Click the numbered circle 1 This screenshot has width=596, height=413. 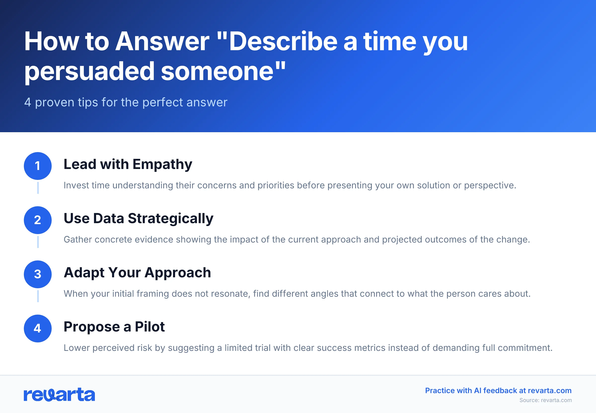pyautogui.click(x=38, y=166)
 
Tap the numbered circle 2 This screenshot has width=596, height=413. pyautogui.click(x=38, y=220)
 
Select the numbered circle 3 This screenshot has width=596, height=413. pyautogui.click(x=38, y=274)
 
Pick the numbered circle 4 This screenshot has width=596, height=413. pyautogui.click(x=38, y=328)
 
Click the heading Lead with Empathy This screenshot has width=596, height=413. pyautogui.click(x=128, y=164)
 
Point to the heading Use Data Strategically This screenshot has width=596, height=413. pyautogui.click(x=138, y=218)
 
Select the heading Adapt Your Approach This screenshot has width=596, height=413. pyautogui.click(x=137, y=273)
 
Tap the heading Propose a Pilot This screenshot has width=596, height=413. pyautogui.click(x=114, y=327)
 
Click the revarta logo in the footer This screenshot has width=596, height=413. pyautogui.click(x=59, y=395)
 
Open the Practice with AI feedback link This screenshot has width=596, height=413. pyautogui.click(x=498, y=390)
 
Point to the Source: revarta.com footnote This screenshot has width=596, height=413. pyautogui.click(x=545, y=400)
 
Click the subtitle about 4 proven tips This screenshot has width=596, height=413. pyautogui.click(x=126, y=102)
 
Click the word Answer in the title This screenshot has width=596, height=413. pyautogui.click(x=162, y=41)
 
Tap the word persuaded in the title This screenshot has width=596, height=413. pyautogui.click(x=89, y=71)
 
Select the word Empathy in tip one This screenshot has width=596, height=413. pyautogui.click(x=163, y=164)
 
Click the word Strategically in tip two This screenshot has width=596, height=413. pyautogui.click(x=170, y=218)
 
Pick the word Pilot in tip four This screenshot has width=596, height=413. pyautogui.click(x=150, y=327)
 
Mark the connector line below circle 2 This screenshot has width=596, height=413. pyautogui.click(x=38, y=242)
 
